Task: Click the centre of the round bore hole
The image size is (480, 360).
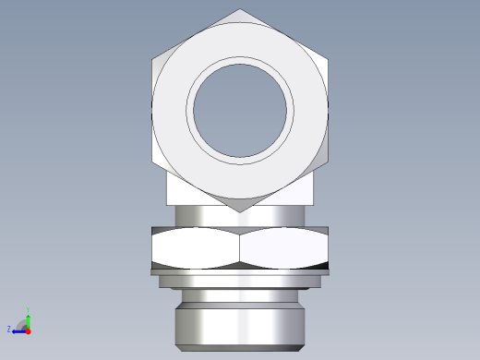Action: (x=240, y=109)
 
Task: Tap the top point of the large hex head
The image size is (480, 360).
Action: (x=240, y=10)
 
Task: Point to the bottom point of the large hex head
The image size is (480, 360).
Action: (x=240, y=211)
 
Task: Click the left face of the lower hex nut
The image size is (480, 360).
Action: (x=195, y=247)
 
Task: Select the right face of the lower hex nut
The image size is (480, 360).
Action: (x=284, y=247)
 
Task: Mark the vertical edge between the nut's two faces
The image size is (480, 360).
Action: (x=240, y=247)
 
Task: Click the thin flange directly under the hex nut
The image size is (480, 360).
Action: (x=240, y=271)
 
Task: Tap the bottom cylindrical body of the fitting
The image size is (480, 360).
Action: (x=240, y=323)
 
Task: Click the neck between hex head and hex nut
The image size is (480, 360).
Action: (x=240, y=218)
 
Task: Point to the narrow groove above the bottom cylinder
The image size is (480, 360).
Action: (x=240, y=294)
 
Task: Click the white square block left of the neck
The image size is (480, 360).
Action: (x=181, y=191)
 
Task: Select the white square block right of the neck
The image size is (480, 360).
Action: (x=298, y=191)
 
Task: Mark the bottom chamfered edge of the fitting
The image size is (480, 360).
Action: (x=240, y=348)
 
